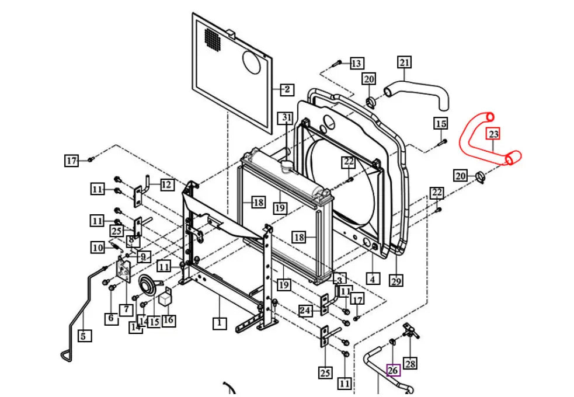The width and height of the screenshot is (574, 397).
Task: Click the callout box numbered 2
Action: pyautogui.click(x=286, y=89)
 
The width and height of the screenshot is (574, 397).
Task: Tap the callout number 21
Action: pyautogui.click(x=405, y=62)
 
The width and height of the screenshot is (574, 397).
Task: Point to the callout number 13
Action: pyautogui.click(x=356, y=63)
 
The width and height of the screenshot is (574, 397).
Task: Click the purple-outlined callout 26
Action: pyautogui.click(x=393, y=370)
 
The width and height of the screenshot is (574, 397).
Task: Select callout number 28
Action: pyautogui.click(x=411, y=364)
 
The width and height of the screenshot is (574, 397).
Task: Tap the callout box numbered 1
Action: pyautogui.click(x=219, y=322)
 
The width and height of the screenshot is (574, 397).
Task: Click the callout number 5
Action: pyautogui.click(x=84, y=336)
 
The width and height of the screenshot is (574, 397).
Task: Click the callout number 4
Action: pyautogui.click(x=371, y=278)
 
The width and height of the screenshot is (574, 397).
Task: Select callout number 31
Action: pyautogui.click(x=286, y=119)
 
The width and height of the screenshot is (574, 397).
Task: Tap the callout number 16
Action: pyautogui.click(x=168, y=320)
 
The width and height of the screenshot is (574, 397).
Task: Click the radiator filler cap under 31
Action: pyautogui.click(x=288, y=165)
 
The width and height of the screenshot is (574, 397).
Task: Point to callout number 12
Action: pyautogui.click(x=166, y=185)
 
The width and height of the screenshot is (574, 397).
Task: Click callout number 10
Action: pyautogui.click(x=98, y=248)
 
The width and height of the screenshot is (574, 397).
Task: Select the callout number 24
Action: pyautogui.click(x=305, y=311)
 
